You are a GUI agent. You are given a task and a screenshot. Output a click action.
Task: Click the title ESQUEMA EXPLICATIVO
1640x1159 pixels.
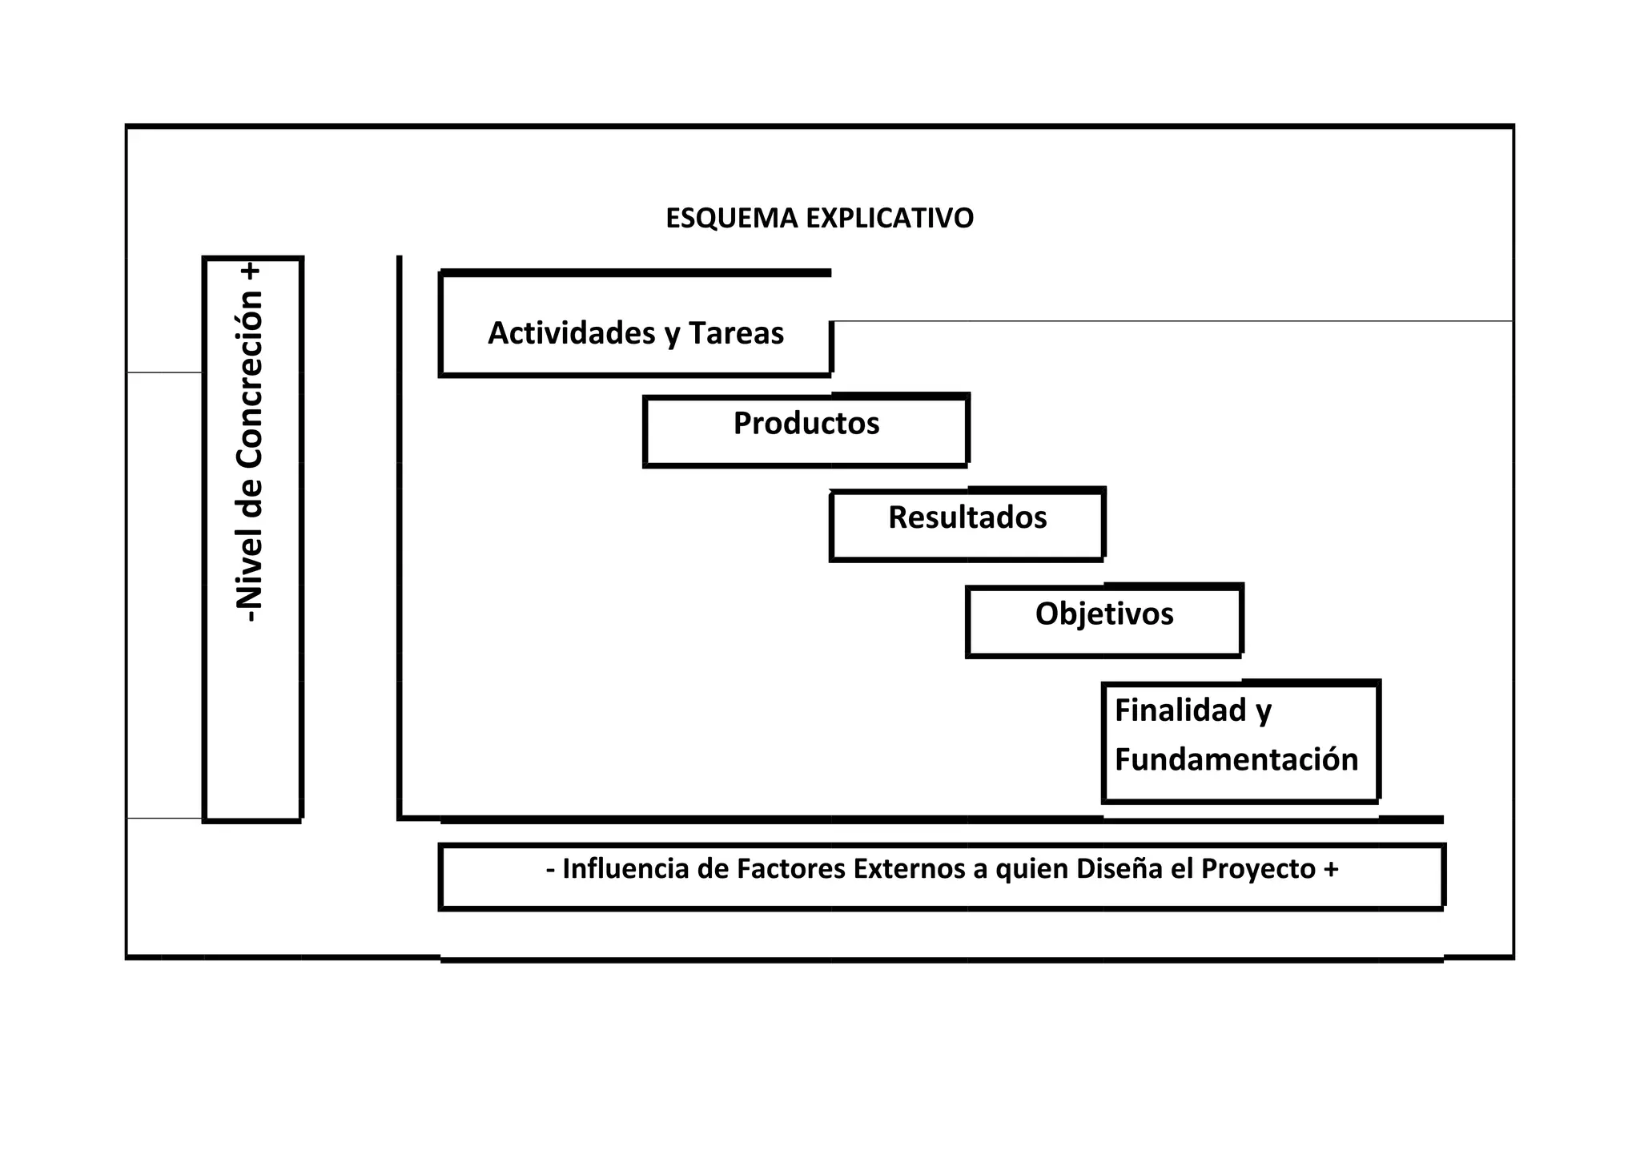[819, 218]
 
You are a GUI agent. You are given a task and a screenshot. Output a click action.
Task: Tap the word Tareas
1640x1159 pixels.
[736, 333]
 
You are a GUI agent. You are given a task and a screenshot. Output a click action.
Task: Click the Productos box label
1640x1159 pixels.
[806, 423]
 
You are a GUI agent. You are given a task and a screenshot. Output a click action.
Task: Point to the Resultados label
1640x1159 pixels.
[967, 517]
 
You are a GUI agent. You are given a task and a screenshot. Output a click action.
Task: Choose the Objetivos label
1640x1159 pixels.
[1103, 614]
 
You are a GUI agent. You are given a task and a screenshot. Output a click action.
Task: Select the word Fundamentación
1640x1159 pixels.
[1236, 759]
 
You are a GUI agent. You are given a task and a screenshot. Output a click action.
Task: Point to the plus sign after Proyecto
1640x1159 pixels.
[1331, 870]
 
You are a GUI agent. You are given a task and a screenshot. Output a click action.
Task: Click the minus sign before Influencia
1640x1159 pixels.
[551, 870]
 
